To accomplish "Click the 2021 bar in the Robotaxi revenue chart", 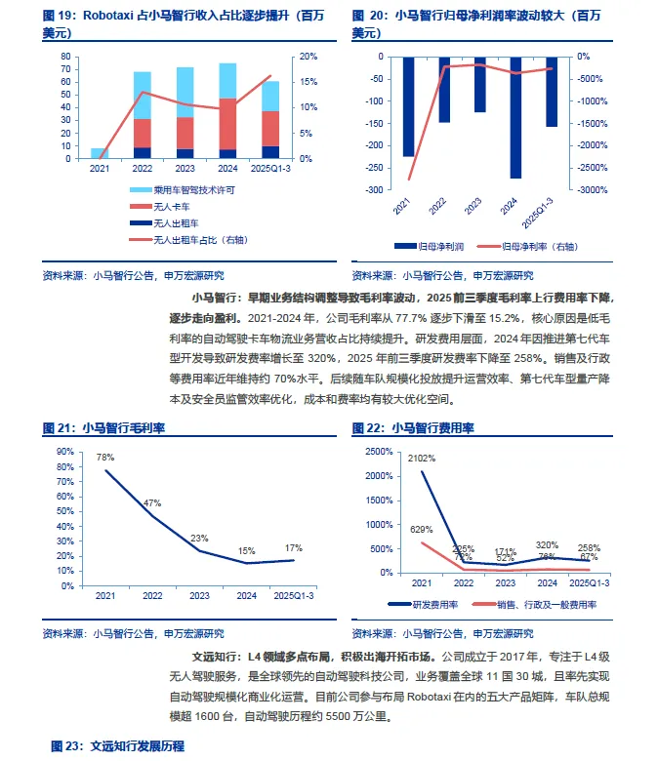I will pyautogui.click(x=100, y=153).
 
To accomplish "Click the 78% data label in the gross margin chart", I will pyautogui.click(x=104, y=458).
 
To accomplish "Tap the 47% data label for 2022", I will pyautogui.click(x=151, y=503).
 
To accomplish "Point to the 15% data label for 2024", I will pyautogui.click(x=245, y=550).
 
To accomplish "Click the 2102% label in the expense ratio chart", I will pyautogui.click(x=422, y=458).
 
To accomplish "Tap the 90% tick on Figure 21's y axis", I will pyautogui.click(x=66, y=452).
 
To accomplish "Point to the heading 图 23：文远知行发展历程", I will pyautogui.click(x=116, y=746).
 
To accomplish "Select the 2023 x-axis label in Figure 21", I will pyautogui.click(x=198, y=594).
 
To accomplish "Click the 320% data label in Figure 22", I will pyautogui.click(x=547, y=545).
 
